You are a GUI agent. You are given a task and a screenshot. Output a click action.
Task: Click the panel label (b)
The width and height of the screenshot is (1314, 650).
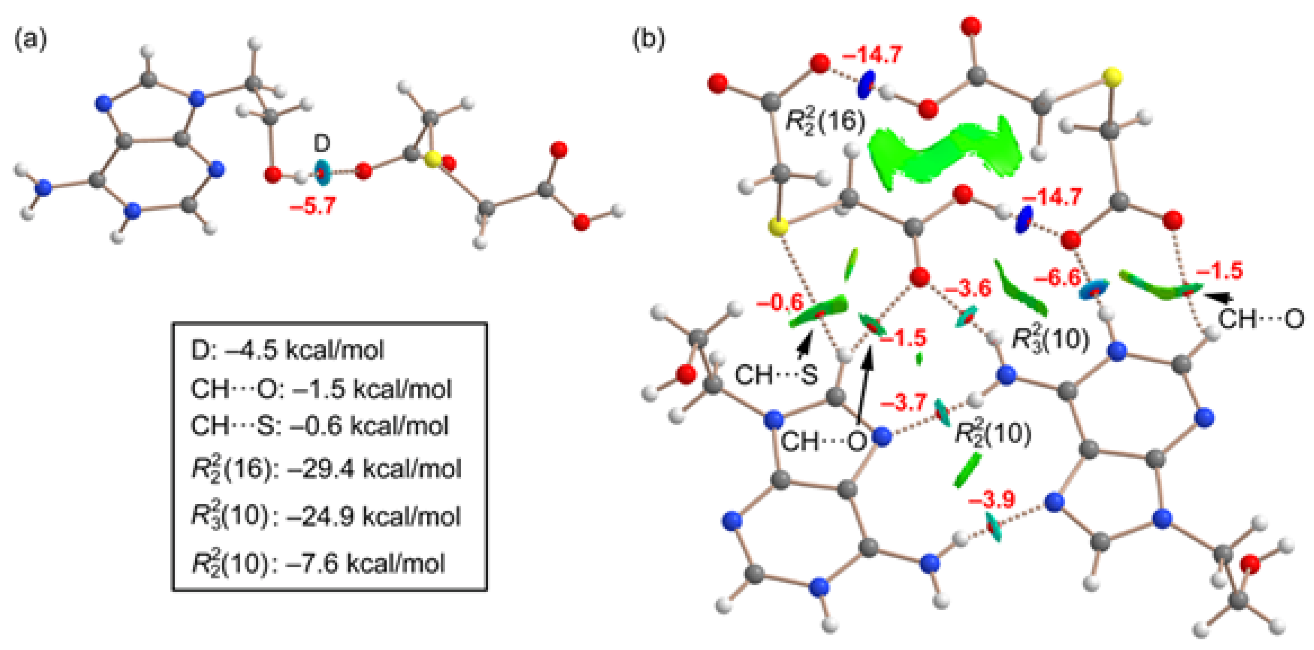click(x=648, y=39)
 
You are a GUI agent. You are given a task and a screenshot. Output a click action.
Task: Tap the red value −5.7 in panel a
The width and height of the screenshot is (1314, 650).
click(x=313, y=207)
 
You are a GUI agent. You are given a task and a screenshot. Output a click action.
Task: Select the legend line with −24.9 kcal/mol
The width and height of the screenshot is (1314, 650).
click(x=326, y=516)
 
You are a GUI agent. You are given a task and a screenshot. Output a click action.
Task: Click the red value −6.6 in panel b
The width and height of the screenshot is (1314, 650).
click(x=1057, y=278)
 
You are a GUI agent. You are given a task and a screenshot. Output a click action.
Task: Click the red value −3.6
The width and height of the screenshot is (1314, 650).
click(x=967, y=289)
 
